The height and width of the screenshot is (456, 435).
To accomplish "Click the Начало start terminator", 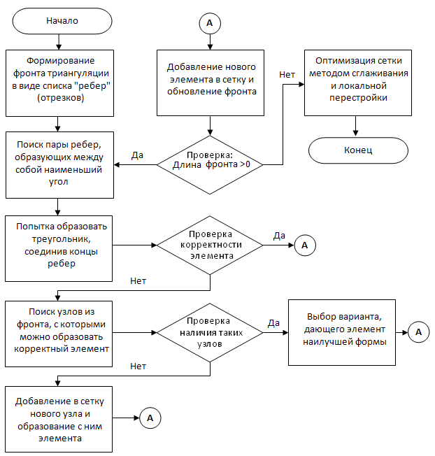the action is tap(62, 21).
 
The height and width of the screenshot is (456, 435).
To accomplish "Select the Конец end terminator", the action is tap(358, 150).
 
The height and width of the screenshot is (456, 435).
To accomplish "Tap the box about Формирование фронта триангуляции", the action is tap(59, 83).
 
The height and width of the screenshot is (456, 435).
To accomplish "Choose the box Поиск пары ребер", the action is tap(59, 165).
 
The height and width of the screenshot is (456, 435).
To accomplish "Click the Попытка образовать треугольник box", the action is tap(59, 248).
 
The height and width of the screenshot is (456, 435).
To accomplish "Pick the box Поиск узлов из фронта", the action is tap(59, 334).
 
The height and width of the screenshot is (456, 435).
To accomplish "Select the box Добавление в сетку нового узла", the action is tap(59, 419).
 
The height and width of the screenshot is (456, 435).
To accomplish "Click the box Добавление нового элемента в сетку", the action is tap(211, 83).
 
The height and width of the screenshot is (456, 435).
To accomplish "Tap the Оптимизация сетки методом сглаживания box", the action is tap(358, 83).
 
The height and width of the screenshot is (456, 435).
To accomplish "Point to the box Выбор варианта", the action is tap(342, 332).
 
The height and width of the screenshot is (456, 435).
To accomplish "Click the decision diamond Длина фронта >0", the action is tap(210, 165).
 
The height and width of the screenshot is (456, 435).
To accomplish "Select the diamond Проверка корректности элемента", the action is tap(210, 245).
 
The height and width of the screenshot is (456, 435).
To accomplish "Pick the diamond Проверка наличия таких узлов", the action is tap(210, 333).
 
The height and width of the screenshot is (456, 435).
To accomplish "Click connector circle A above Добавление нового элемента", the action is tap(210, 23).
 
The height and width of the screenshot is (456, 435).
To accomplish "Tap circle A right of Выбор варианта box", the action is tap(419, 332).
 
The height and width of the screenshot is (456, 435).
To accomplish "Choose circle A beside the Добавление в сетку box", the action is tap(150, 418).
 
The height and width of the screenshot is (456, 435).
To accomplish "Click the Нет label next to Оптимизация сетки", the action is tap(287, 75).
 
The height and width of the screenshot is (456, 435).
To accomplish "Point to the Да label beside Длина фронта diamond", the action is tap(137, 155).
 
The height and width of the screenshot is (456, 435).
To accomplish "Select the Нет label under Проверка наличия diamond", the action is tap(138, 366).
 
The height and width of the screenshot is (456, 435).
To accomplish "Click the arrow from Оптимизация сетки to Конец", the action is tap(355, 126).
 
